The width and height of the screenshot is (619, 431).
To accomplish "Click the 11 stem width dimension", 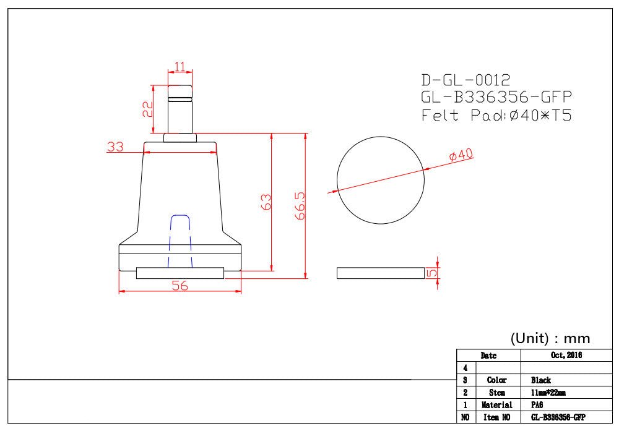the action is [x=180, y=66].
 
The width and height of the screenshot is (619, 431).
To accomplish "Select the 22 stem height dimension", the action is [x=148, y=109].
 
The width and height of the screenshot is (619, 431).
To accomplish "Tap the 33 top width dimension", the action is [x=115, y=147].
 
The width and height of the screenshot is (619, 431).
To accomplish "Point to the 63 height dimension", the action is [x=266, y=202].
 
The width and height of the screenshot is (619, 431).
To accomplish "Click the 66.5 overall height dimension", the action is [x=300, y=205].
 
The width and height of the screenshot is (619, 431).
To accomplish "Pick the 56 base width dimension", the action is [x=180, y=286].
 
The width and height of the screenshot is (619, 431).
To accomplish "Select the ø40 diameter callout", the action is [x=461, y=155].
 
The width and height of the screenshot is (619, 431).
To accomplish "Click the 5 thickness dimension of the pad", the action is [x=432, y=273].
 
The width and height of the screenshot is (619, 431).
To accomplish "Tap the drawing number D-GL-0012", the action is [x=466, y=80].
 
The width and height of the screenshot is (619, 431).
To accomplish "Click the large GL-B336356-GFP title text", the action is [x=496, y=97].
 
